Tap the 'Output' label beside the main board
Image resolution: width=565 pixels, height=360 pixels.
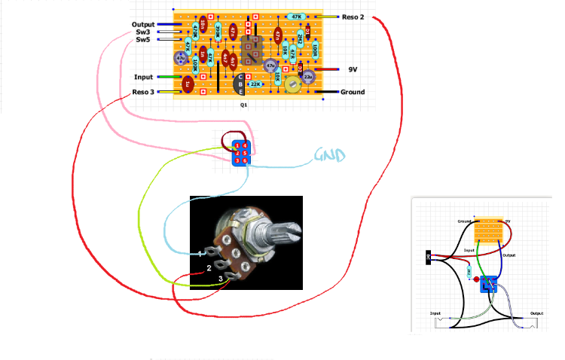click(x=143, y=25)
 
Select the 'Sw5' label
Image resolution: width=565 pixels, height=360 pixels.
click(x=142, y=40)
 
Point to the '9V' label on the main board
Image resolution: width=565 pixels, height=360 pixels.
click(x=353, y=69)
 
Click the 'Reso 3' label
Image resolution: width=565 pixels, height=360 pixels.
click(x=143, y=92)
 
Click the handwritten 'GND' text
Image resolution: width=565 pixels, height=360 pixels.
click(x=329, y=157)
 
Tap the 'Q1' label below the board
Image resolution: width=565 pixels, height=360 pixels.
click(x=243, y=107)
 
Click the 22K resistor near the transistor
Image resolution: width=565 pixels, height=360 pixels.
click(x=255, y=84)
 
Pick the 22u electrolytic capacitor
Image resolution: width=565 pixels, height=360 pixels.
click(x=308, y=77)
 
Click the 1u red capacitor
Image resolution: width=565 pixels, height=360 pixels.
click(x=188, y=85)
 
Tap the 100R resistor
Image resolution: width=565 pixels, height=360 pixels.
click(x=315, y=50)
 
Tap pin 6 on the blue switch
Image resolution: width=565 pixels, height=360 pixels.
click(x=244, y=160)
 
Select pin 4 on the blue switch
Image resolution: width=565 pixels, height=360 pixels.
click(x=244, y=145)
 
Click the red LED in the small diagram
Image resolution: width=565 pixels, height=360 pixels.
click(x=475, y=266)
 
